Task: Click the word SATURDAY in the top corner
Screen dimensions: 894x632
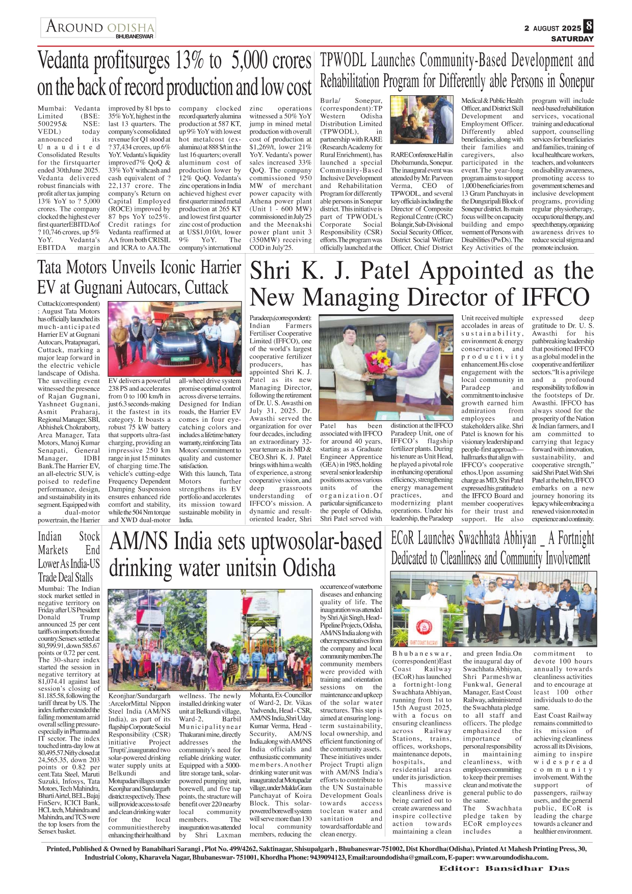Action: [x=572, y=39]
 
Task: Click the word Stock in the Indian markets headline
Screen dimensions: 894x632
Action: [x=89, y=537]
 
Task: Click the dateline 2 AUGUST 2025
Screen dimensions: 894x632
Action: [x=552, y=29]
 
